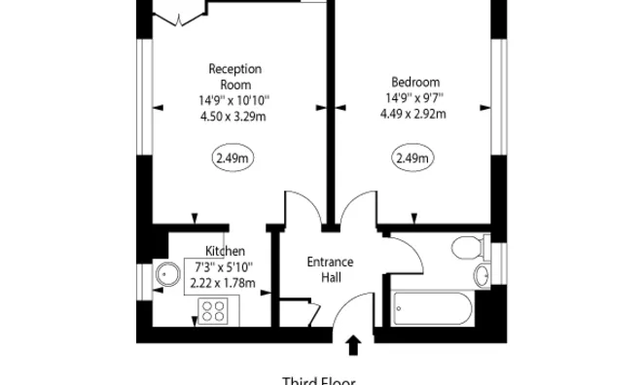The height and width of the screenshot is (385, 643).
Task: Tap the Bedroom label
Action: (x=415, y=82)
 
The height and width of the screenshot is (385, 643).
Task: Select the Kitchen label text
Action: (x=225, y=251)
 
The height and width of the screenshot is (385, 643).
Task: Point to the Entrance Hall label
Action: (x=331, y=269)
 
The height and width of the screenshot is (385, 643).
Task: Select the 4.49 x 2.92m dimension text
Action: (x=415, y=113)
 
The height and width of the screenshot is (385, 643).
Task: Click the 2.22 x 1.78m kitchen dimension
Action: (x=222, y=284)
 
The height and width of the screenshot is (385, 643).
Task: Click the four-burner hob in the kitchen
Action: (x=213, y=311)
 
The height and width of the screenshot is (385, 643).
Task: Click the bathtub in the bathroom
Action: (x=432, y=311)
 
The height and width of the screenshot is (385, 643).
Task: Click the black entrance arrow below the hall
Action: (x=352, y=345)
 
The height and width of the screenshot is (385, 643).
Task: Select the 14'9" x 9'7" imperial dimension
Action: (x=415, y=97)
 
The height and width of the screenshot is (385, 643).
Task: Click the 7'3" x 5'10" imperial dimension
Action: (x=222, y=267)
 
